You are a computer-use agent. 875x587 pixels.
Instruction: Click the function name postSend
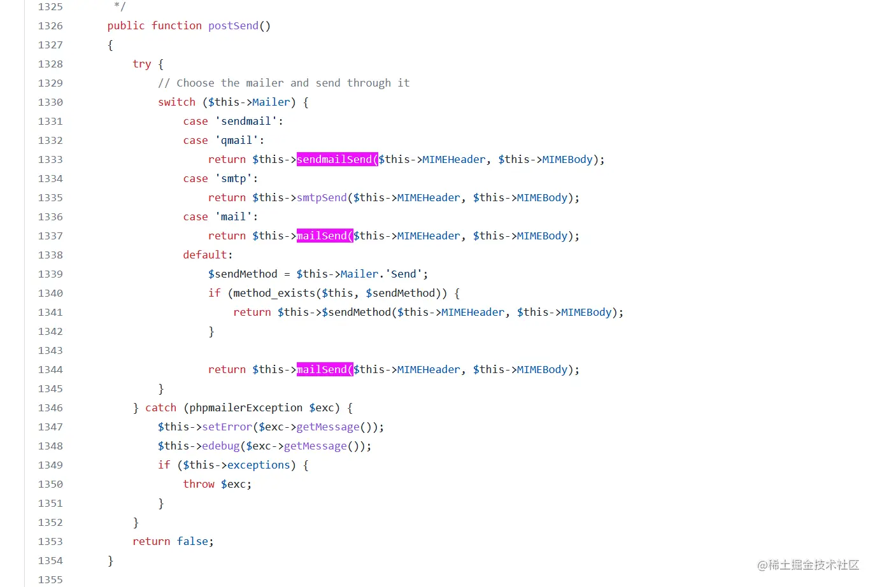pos(233,26)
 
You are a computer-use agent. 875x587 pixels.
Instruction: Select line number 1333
pos(50,160)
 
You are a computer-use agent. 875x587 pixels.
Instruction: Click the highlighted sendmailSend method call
pos(337,160)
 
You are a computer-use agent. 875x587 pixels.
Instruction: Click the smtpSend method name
pos(322,198)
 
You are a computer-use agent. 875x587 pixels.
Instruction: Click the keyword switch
pos(176,103)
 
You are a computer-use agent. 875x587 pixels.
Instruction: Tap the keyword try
pos(141,64)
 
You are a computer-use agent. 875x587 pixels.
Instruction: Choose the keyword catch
pos(160,408)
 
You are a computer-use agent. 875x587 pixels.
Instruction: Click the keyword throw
pos(199,484)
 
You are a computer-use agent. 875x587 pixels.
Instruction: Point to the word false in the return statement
pos(192,542)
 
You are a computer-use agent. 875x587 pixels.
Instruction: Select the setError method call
pos(227,427)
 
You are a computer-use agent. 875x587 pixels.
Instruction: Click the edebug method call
pos(220,446)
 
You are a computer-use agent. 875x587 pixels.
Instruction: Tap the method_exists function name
pos(274,293)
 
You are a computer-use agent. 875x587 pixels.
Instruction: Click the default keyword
pos(205,255)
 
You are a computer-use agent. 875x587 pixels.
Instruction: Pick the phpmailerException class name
pos(246,408)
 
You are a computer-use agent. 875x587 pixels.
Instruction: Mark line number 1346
pos(50,408)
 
